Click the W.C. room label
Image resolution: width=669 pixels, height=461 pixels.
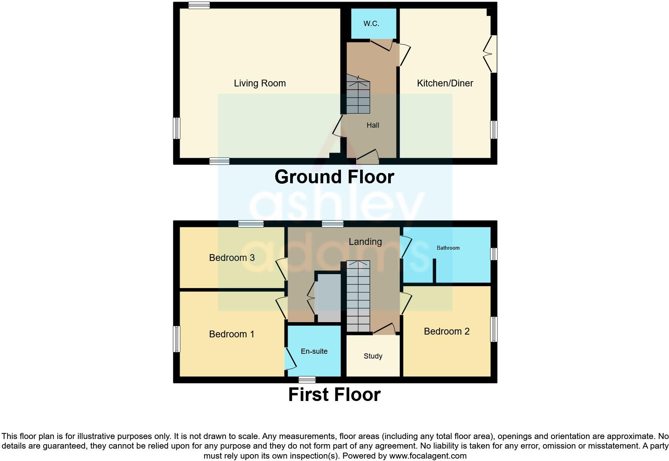[x=371, y=24]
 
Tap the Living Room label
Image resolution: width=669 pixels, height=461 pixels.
[x=260, y=83]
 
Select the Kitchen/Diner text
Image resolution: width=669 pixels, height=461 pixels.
[x=445, y=83]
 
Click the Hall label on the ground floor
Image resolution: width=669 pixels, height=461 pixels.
[x=373, y=125]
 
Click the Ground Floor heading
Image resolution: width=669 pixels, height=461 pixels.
[x=334, y=177]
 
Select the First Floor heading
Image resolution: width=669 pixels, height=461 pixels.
[x=334, y=395]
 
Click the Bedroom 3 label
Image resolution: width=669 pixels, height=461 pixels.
[x=232, y=258]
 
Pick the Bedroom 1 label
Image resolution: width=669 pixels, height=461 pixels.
[x=232, y=334]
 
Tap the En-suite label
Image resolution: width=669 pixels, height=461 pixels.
[x=314, y=351]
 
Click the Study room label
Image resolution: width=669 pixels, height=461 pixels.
[x=373, y=356]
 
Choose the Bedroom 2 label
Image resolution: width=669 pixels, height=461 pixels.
[x=447, y=331]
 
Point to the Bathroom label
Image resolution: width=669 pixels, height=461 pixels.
[x=448, y=248]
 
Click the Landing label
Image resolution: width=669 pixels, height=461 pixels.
[x=365, y=242]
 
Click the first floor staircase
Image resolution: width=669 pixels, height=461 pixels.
[x=358, y=296]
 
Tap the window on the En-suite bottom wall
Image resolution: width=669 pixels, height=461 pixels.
[x=307, y=380]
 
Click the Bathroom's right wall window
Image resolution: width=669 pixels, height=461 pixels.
[x=494, y=254]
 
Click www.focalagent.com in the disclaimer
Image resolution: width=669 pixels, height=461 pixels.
[x=427, y=456]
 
